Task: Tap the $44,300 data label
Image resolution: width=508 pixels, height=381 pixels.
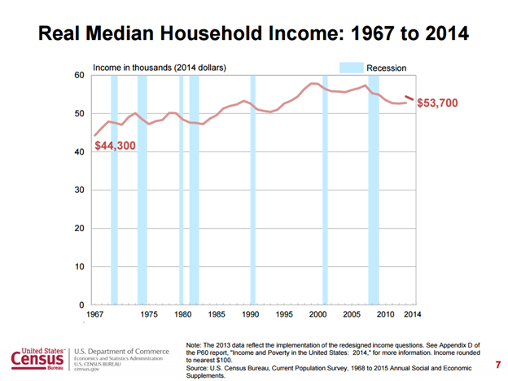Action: (x=115, y=147)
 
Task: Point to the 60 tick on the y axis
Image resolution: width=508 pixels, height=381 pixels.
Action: (x=79, y=75)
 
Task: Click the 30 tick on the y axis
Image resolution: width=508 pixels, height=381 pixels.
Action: (x=79, y=190)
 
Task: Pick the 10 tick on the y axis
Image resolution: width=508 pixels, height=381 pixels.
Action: (x=79, y=266)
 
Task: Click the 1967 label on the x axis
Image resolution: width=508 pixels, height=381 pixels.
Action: (x=94, y=314)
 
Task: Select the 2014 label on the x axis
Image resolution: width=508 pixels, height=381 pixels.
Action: (x=413, y=314)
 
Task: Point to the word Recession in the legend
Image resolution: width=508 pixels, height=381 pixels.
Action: (x=386, y=68)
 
